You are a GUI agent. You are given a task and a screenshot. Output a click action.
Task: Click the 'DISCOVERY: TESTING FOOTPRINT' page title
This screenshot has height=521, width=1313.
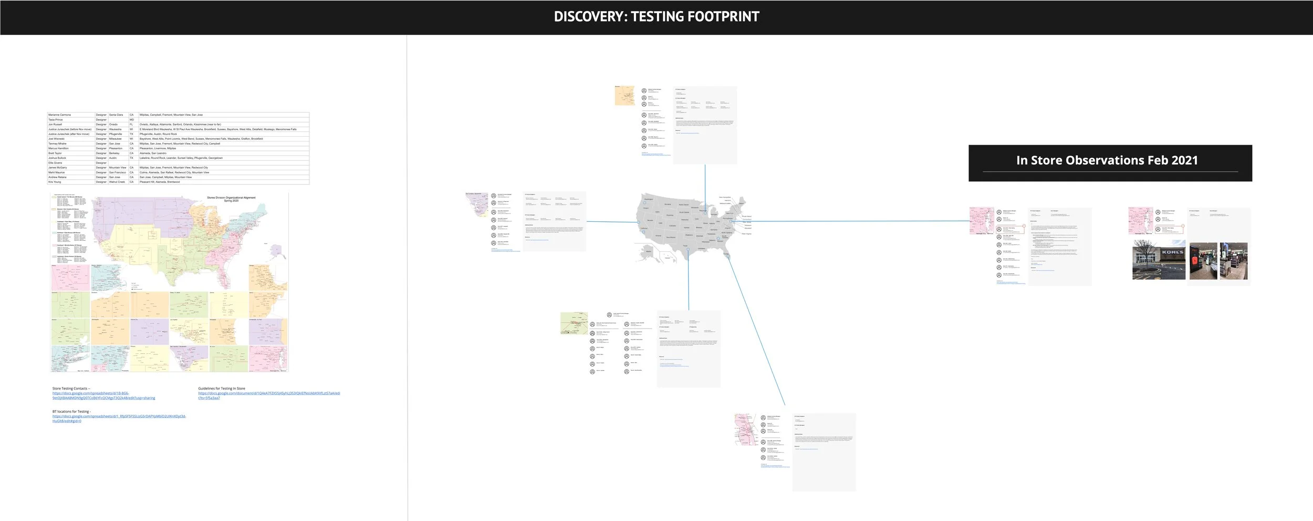(x=656, y=17)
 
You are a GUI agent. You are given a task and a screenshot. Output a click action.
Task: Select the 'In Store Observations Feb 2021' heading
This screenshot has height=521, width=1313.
(x=1107, y=160)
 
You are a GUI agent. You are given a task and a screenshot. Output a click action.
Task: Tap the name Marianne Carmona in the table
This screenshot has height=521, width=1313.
(x=59, y=115)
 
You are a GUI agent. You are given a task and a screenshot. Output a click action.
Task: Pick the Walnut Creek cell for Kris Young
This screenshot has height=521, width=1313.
(x=117, y=182)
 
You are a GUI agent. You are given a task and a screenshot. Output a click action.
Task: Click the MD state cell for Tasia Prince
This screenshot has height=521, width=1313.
(x=132, y=120)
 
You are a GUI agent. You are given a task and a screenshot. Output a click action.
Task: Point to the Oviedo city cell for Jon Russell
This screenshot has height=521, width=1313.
(x=113, y=125)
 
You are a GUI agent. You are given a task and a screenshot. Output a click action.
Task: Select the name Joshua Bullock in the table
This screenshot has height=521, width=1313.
(x=57, y=158)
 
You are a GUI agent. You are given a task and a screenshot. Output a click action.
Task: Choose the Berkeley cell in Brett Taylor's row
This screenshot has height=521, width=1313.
(x=114, y=153)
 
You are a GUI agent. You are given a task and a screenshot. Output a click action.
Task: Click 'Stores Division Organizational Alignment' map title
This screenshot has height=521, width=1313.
(x=231, y=198)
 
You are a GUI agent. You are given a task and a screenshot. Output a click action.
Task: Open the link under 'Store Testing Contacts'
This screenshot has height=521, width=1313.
(x=103, y=395)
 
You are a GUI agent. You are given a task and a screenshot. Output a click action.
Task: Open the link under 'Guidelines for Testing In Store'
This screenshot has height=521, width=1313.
(x=269, y=395)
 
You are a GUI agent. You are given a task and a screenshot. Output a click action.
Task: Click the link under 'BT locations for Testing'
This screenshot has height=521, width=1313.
(x=119, y=418)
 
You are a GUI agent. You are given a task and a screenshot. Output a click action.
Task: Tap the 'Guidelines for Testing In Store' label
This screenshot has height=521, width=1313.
(x=222, y=389)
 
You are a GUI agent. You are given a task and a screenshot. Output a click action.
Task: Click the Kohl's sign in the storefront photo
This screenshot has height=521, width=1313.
(x=1172, y=252)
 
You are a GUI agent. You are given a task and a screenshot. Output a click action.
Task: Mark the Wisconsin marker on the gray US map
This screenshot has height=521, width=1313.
(x=705, y=212)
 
